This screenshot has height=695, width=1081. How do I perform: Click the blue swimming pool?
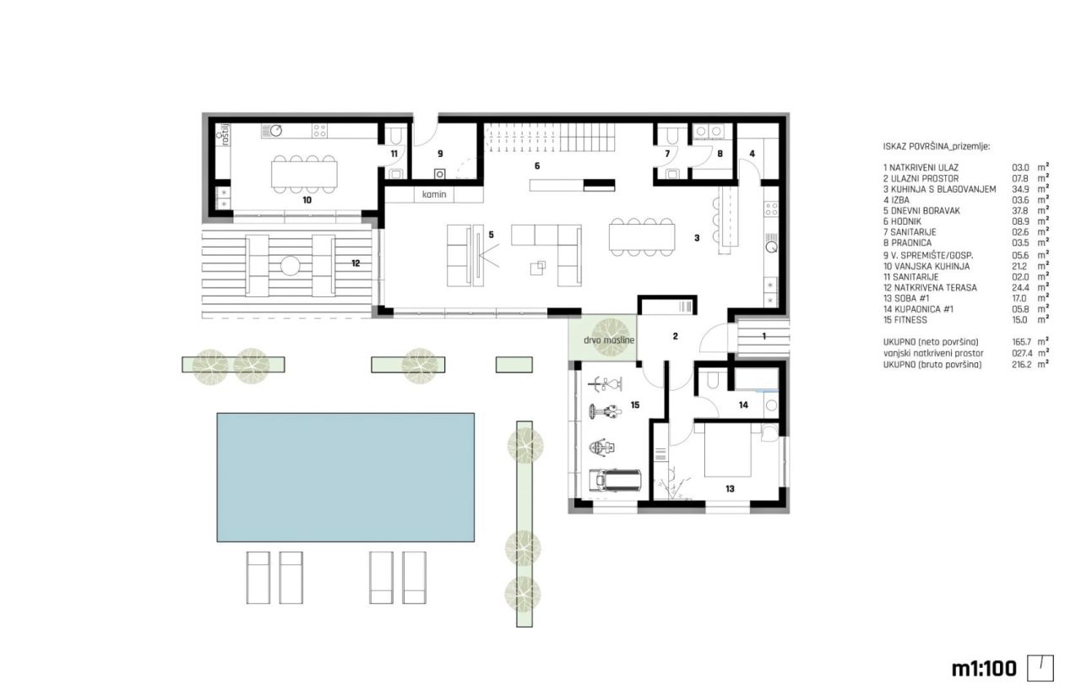346,476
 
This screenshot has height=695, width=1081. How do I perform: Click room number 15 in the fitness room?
635,405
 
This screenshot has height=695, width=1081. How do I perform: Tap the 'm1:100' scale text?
983,668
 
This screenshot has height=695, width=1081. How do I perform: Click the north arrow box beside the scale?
1040,668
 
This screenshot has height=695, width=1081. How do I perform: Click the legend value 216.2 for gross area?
1022,364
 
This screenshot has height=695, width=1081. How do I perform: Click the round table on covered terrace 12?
290,265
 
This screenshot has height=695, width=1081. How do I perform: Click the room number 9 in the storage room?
440,155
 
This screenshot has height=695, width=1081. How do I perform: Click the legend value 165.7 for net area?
1022,342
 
